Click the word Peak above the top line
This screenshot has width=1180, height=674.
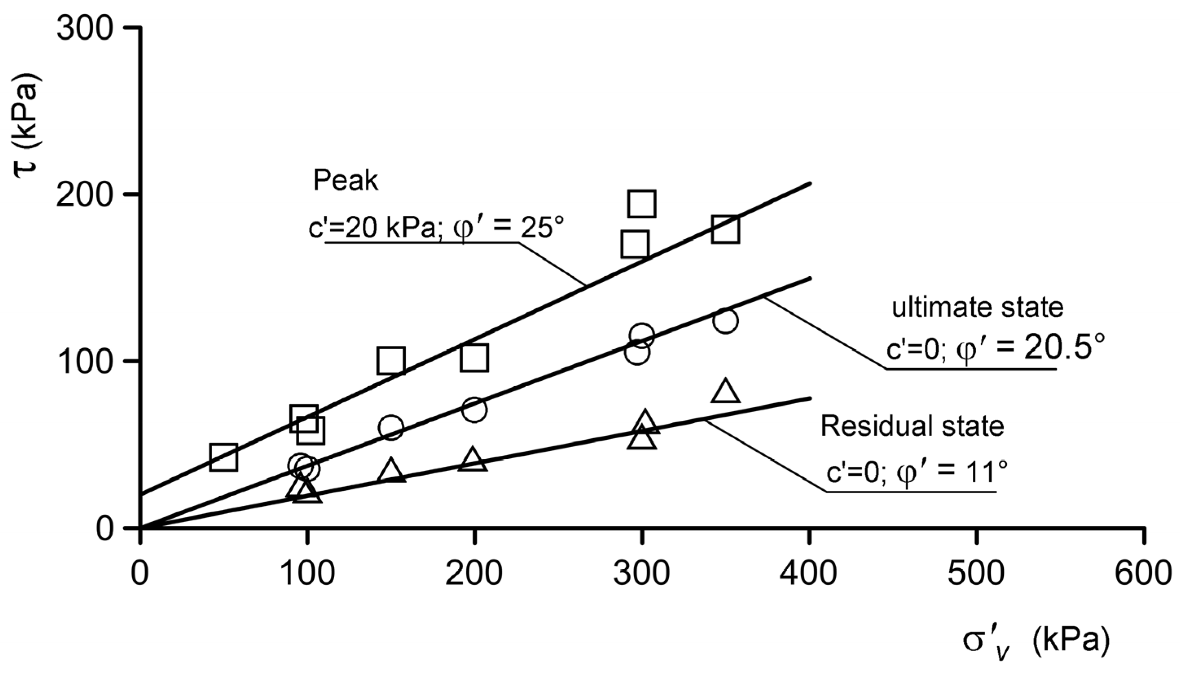point(346,180)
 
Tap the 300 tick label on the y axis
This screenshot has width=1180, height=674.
point(85,29)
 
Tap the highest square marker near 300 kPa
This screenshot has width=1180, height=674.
point(642,203)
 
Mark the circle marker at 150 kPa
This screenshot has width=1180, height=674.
point(391,427)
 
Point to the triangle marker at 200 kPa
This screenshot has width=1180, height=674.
point(473,459)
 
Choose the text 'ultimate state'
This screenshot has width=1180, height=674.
point(977,307)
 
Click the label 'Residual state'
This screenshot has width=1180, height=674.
point(912,426)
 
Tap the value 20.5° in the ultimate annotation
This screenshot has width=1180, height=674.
point(1063,349)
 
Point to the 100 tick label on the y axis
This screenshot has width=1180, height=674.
point(85,362)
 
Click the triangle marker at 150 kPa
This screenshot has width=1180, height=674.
point(391,471)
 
